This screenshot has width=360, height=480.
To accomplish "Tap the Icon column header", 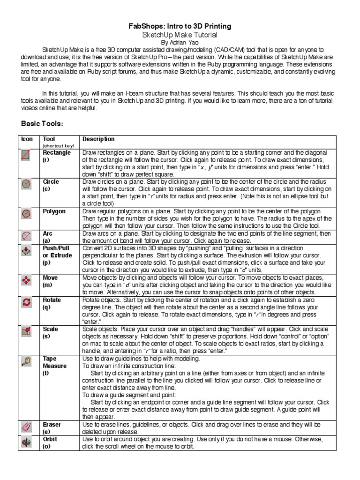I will click(27, 139).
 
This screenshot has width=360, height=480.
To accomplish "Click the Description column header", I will click(98, 139).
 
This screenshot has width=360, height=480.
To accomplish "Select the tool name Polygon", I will click(54, 211).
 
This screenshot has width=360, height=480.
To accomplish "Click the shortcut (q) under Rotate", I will click(46, 307).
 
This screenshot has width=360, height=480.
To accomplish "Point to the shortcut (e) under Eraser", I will click(46, 431).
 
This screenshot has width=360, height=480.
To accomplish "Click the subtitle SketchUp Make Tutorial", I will click(180, 35).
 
